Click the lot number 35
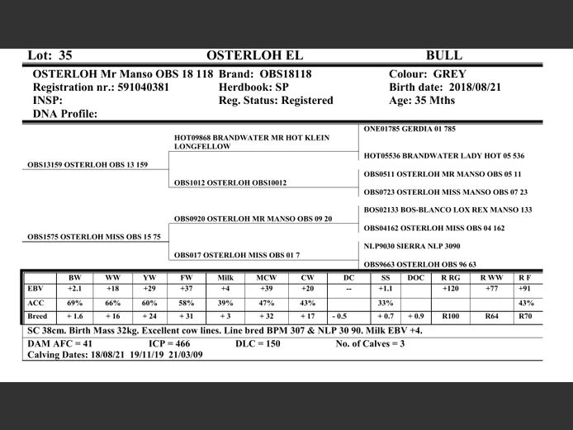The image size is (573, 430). point(65,55)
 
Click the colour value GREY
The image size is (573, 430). point(449,73)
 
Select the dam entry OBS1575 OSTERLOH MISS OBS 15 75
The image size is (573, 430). point(94,237)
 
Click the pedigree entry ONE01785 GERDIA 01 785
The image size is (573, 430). point(410,129)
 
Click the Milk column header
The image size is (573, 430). point(225,278)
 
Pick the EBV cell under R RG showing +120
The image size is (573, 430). point(451,290)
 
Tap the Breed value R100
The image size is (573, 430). point(451,316)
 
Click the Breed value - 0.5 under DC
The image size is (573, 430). point(339,316)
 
